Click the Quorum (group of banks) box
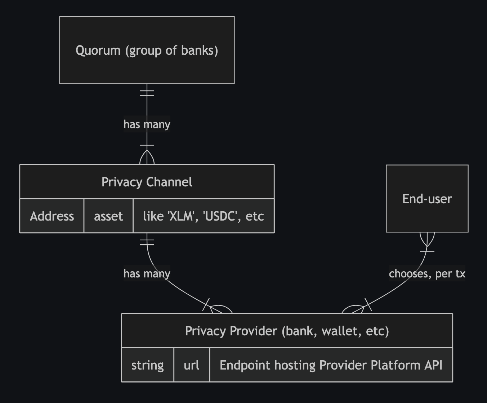point(147,50)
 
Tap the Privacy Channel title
point(147,182)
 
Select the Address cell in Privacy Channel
point(52,216)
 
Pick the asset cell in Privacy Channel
point(108,216)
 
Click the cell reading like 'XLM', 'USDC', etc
point(203,216)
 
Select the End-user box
point(427,199)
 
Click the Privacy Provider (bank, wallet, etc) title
point(287,331)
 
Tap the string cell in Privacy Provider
point(147,365)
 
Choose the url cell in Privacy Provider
point(191,365)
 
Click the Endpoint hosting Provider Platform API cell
point(331,365)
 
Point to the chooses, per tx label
point(427,273)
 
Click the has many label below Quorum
point(147,124)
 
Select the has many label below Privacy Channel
point(147,273)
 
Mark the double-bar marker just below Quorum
point(147,93)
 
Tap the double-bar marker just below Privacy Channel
point(147,242)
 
